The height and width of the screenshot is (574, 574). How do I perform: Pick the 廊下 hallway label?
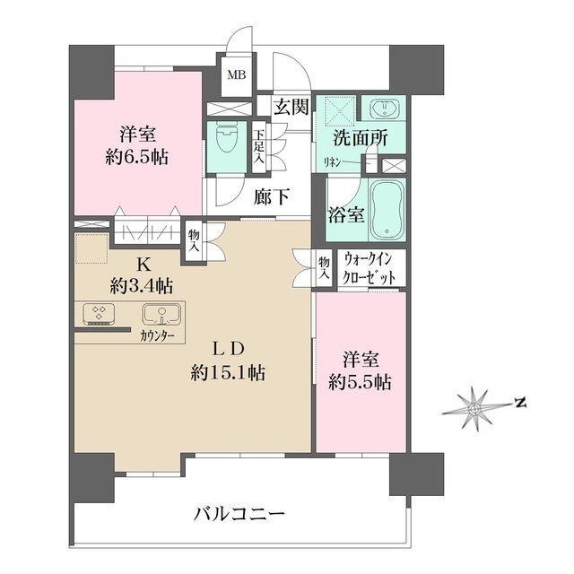[271, 196]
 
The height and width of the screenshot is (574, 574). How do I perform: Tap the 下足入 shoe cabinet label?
[258, 147]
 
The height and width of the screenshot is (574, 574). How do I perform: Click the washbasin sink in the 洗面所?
[387, 110]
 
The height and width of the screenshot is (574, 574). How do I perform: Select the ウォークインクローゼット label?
[370, 268]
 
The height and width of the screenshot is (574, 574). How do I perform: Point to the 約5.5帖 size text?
[359, 381]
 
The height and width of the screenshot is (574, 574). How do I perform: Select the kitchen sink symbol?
[162, 315]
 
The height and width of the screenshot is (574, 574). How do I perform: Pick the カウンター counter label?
[157, 335]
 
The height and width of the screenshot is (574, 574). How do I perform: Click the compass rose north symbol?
[473, 405]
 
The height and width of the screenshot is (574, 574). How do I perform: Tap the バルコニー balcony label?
[239, 515]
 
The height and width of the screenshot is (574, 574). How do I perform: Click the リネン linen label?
[332, 162]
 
